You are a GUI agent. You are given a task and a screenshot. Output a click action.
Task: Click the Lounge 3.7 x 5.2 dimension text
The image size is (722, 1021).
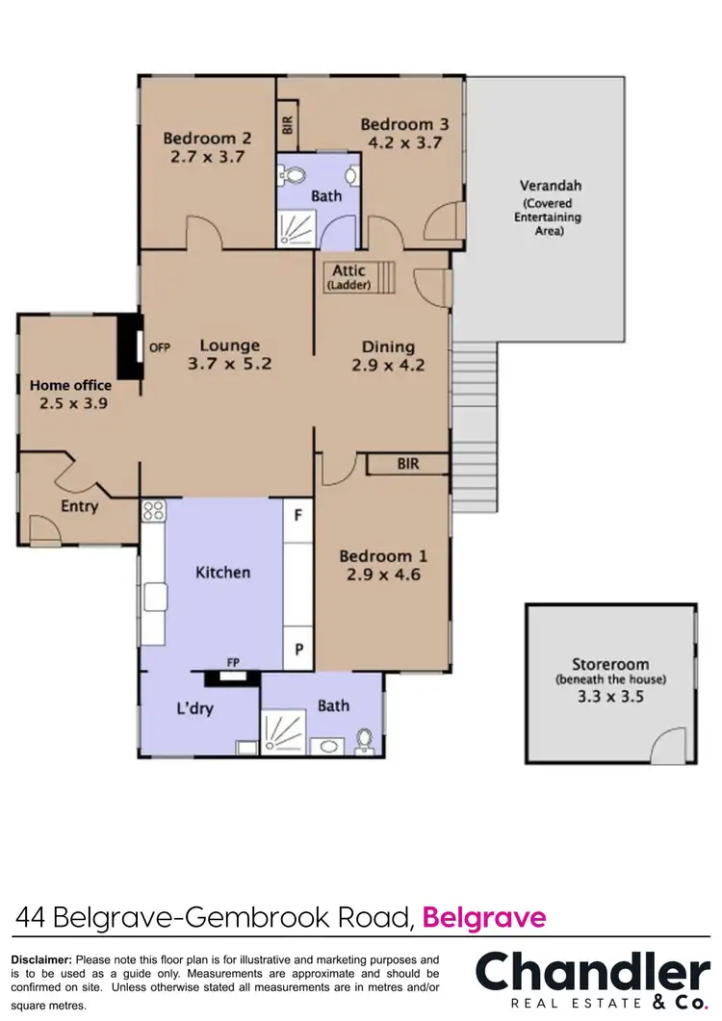[x=230, y=365]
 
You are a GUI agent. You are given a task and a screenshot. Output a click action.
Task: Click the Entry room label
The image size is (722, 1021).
[x=79, y=506]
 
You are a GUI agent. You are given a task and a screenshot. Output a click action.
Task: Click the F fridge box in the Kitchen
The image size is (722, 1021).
[x=298, y=515]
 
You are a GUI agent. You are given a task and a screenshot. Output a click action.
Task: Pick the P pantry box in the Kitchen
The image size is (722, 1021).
[x=298, y=650]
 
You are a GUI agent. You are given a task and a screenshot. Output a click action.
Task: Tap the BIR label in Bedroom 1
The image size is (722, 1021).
[x=408, y=464]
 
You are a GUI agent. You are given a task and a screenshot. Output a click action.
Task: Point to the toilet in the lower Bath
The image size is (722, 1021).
[x=364, y=740]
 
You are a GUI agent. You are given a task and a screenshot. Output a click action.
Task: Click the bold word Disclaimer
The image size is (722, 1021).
[x=40, y=959]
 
